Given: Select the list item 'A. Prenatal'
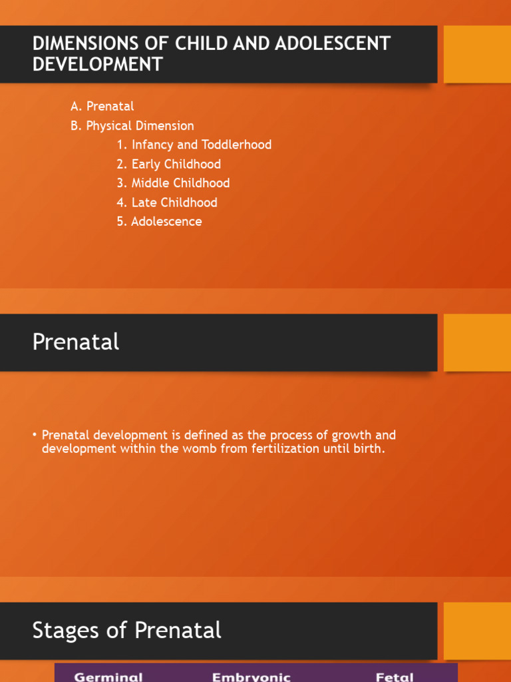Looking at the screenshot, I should pos(102,106).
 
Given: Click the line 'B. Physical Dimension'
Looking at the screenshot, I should pos(132,125).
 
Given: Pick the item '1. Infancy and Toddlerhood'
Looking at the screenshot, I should pos(194,145).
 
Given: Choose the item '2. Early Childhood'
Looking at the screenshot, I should pos(168,164).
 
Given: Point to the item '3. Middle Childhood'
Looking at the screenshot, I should pos(173,183).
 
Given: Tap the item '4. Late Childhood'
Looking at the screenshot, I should pos(166,202).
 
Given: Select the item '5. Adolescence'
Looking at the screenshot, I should pos(159,221).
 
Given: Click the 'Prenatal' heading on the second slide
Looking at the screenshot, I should pos(76,342).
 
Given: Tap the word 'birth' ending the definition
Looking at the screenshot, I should pos(368,449).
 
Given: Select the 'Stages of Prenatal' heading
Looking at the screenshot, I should pos(126,630).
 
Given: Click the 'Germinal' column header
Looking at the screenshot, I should pos(108,677).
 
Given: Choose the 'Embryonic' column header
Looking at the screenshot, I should pos(251,677).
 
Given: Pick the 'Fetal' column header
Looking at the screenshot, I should pos(395,677).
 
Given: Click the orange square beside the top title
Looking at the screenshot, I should pos(477,54).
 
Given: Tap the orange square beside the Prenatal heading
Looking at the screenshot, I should pos(477,342).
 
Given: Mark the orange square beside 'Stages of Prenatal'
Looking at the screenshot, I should pos(477,631).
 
